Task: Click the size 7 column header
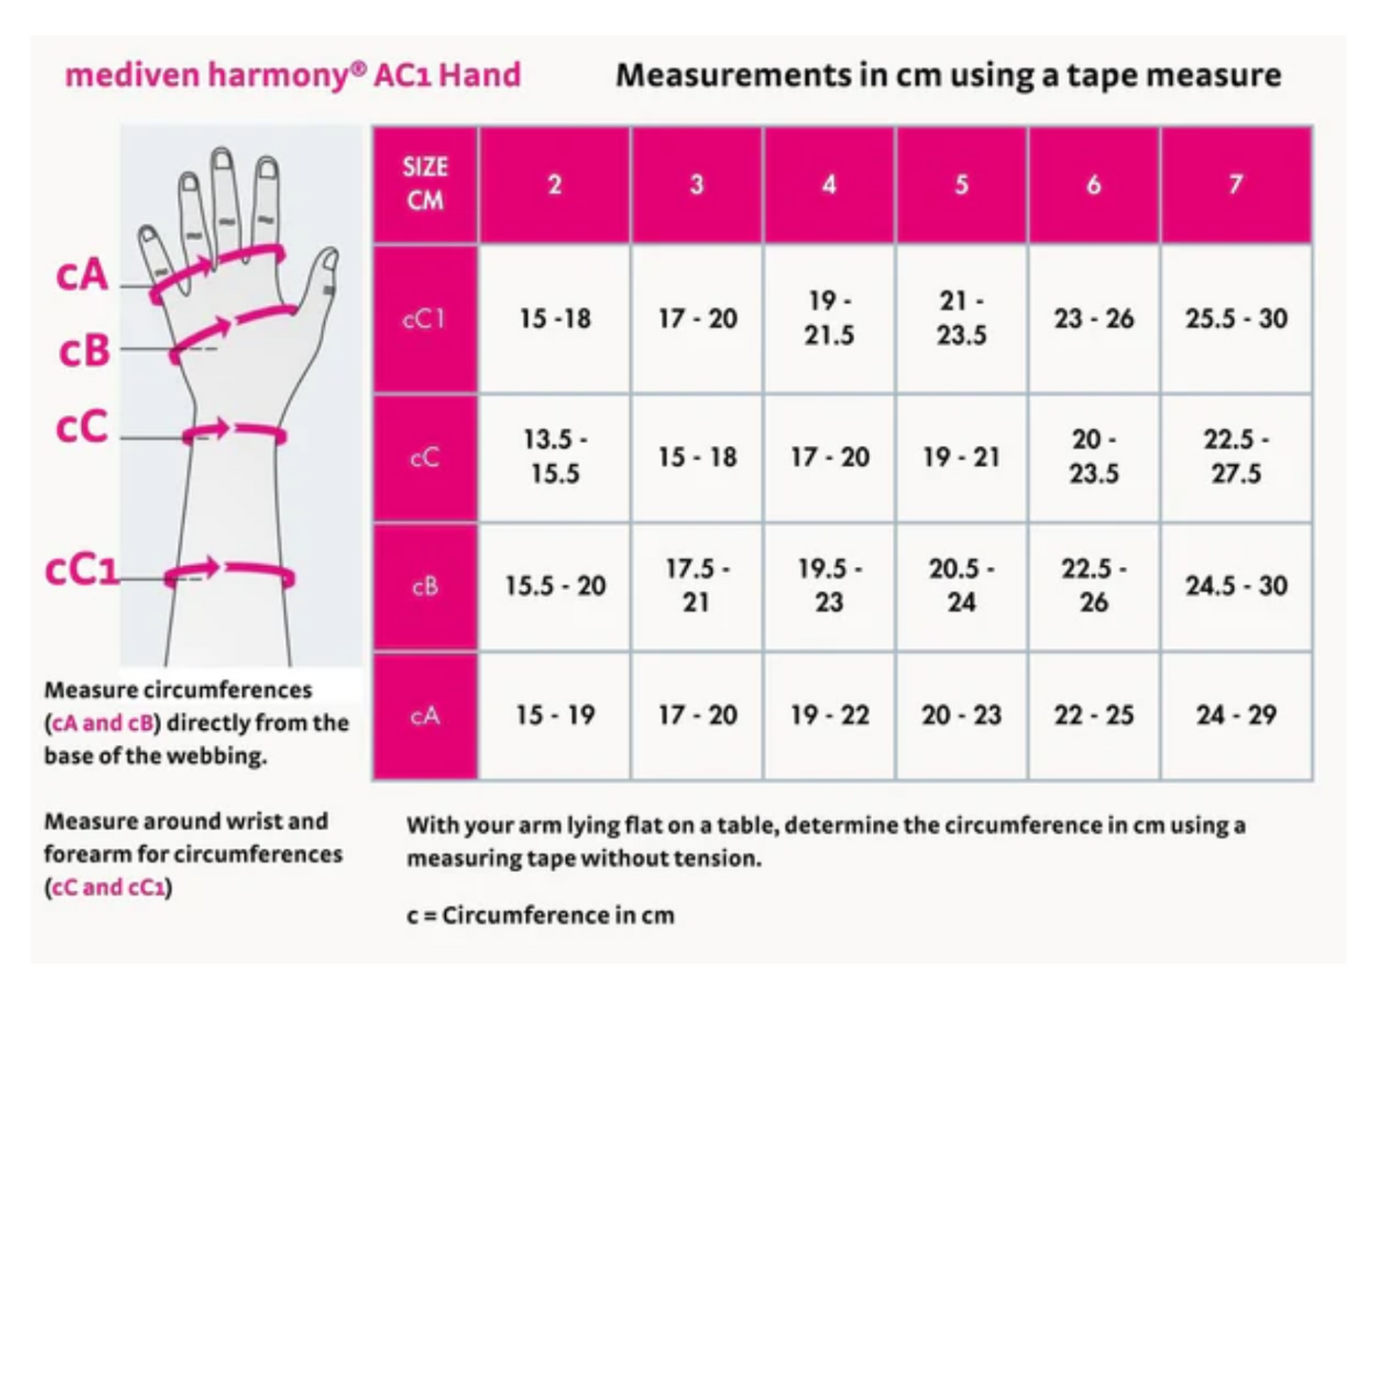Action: point(1236,185)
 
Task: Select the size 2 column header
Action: point(555,185)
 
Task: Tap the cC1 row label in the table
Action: point(425,318)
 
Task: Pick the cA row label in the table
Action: point(425,716)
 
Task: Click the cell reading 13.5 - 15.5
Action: point(555,456)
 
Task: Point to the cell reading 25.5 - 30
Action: point(1236,318)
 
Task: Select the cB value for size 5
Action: point(962,586)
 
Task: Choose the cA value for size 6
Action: point(1093,716)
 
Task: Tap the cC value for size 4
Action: point(829,456)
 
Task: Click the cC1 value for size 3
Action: point(697,318)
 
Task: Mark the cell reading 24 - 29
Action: point(1236,716)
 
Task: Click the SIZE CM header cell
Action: point(425,184)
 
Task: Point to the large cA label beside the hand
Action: point(81,275)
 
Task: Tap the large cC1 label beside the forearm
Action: point(81,570)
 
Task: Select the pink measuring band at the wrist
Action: point(235,431)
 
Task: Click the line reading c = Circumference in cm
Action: point(540,915)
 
